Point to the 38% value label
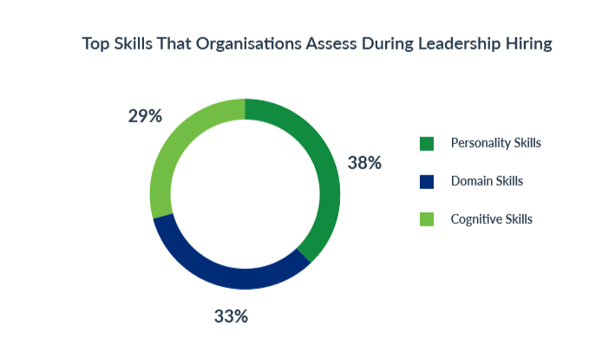(x=364, y=162)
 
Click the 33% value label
(x=231, y=316)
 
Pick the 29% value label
(x=144, y=115)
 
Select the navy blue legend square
(x=426, y=181)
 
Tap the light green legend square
(x=426, y=219)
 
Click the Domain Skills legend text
(x=487, y=181)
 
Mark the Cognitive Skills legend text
(x=491, y=219)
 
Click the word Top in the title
(x=96, y=44)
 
